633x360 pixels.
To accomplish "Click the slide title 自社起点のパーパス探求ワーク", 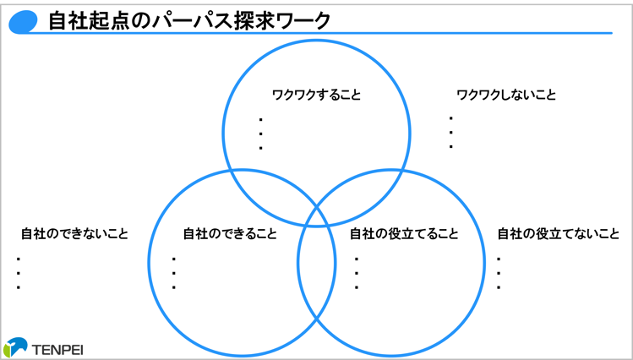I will pyautogui.click(x=190, y=20).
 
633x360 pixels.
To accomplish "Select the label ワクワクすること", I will pyautogui.click(x=316, y=95).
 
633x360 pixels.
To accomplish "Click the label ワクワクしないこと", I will pyautogui.click(x=506, y=95).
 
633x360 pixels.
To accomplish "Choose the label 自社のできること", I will pyautogui.click(x=230, y=233).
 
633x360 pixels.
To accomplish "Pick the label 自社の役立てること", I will pyautogui.click(x=404, y=233).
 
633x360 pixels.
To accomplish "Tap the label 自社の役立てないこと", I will pyautogui.click(x=559, y=233).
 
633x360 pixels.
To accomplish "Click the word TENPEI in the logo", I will pyautogui.click(x=58, y=346).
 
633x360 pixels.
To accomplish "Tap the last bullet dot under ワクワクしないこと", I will pyautogui.click(x=451, y=147).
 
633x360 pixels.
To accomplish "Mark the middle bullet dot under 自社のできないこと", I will pyautogui.click(x=18, y=273).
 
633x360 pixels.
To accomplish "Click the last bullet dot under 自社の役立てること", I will pyautogui.click(x=357, y=287).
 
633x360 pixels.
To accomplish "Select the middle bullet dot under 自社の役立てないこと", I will pyautogui.click(x=499, y=273).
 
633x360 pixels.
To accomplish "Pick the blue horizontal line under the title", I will pyautogui.click(x=338, y=34).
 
